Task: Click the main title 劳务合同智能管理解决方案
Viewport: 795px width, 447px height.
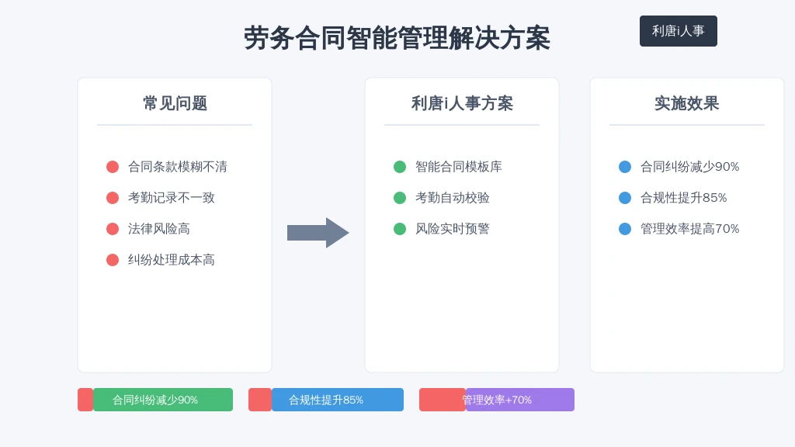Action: (397, 38)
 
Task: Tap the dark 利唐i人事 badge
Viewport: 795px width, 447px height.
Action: (679, 31)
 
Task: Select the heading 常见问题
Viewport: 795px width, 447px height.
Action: (175, 103)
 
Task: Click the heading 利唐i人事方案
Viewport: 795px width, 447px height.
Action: (462, 103)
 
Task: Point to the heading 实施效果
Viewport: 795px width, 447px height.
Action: (687, 103)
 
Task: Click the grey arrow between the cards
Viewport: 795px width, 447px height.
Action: (318, 233)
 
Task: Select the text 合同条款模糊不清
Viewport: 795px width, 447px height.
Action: (178, 167)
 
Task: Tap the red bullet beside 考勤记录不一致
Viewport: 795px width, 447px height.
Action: (113, 198)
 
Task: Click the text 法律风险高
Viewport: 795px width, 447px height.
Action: (158, 229)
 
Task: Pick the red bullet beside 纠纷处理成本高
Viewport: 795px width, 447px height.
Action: (113, 260)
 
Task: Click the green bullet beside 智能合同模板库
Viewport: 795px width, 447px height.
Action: (400, 167)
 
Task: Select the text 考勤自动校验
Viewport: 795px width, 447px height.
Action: (453, 198)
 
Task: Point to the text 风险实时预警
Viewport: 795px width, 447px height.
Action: (453, 229)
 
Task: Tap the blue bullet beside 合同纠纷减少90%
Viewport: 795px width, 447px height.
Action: (625, 167)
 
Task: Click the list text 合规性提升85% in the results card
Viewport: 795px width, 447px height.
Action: (683, 198)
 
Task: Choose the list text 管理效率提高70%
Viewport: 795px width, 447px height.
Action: (689, 229)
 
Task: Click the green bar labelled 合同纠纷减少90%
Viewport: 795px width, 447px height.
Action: (163, 400)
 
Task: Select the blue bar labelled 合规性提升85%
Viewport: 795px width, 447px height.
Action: (338, 400)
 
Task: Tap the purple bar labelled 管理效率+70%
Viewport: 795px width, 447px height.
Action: (519, 400)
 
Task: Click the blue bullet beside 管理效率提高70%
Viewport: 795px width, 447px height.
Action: (625, 229)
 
